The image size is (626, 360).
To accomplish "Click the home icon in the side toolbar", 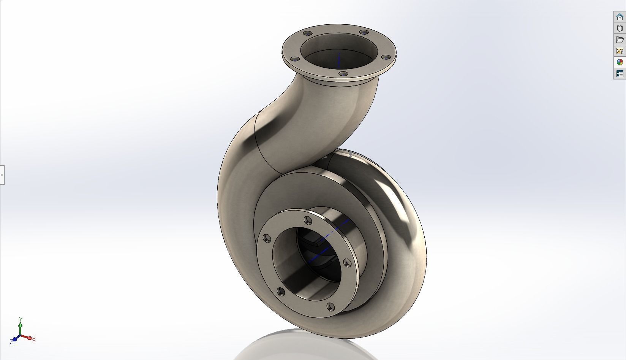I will [620, 17].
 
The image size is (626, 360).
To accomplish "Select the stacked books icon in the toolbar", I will [620, 28].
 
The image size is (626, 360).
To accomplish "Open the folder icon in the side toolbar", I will [620, 40].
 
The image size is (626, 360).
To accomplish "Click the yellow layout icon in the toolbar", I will [620, 51].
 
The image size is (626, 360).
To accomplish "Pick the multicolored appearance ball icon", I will [620, 62].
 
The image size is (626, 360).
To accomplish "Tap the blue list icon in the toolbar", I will [620, 74].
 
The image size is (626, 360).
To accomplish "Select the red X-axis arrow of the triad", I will [27, 337].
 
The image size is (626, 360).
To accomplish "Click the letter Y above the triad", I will [21, 319].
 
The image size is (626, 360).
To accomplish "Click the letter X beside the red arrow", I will [34, 339].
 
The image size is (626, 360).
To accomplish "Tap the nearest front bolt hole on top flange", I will [343, 74].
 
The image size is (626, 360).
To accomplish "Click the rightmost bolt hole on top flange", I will [386, 57].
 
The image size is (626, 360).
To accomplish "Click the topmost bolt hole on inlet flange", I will [307, 220].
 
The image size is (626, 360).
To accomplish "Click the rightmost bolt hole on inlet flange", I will [347, 263].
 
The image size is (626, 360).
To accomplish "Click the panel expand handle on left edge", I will [2, 175].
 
